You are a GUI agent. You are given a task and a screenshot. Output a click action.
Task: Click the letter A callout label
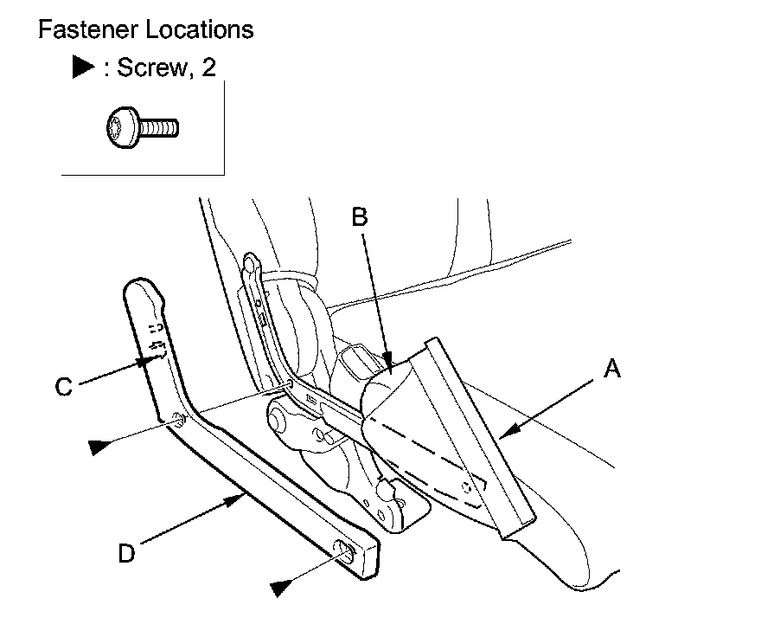612,370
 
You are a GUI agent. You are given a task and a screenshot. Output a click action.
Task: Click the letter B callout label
361,218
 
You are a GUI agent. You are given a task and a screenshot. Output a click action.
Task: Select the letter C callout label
63,387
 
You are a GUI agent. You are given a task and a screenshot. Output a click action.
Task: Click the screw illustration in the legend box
142,128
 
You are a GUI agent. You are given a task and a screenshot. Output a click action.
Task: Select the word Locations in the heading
200,29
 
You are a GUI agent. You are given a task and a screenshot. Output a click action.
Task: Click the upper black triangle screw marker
101,446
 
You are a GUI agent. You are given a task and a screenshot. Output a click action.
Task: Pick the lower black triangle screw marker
281,587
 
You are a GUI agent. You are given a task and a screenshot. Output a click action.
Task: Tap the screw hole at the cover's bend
176,421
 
